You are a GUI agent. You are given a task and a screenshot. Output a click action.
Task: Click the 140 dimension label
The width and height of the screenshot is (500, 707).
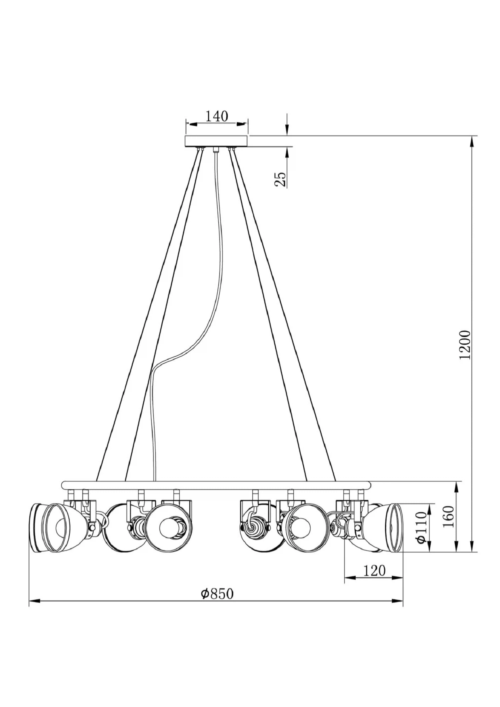click(x=216, y=117)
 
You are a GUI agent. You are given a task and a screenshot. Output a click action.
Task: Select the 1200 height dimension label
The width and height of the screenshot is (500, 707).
click(x=465, y=345)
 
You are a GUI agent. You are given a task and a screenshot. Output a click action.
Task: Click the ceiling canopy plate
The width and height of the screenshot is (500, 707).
click(x=216, y=141)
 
